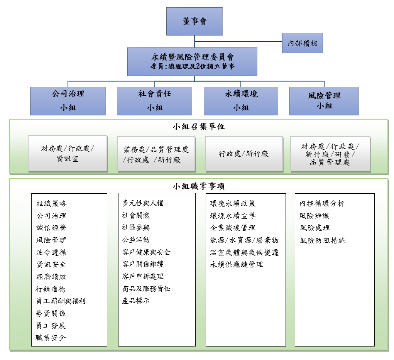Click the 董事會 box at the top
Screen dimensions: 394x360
(194, 21)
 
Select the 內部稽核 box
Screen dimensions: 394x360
(302, 43)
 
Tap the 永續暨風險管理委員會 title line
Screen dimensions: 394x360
(193, 57)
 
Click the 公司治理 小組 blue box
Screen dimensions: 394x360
(68, 101)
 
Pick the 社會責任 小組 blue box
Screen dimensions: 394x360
(154, 101)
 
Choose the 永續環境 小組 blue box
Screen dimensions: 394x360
(241, 101)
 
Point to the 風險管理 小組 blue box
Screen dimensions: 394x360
(324, 101)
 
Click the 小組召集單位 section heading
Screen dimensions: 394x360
(199, 126)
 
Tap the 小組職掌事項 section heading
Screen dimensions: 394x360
(199, 186)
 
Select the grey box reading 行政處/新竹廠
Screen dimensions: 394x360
(244, 154)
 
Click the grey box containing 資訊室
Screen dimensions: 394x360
(68, 154)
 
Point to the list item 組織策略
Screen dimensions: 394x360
(51, 203)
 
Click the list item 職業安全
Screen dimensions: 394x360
(51, 338)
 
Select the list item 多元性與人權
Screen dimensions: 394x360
(143, 203)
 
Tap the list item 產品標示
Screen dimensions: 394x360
(136, 301)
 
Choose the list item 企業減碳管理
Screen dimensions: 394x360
(233, 228)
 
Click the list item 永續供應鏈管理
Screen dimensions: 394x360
(237, 264)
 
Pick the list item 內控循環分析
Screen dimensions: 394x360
(322, 203)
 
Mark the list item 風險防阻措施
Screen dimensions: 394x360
(322, 240)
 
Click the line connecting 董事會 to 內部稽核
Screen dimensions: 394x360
(238, 42)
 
